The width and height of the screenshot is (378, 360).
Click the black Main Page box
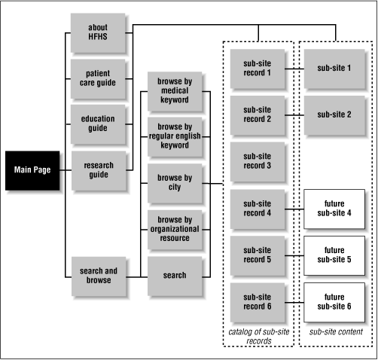(32, 170)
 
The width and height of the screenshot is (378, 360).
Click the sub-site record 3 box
(258, 160)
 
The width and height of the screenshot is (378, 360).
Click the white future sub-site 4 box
(334, 208)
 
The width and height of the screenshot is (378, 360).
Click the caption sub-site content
(334, 331)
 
